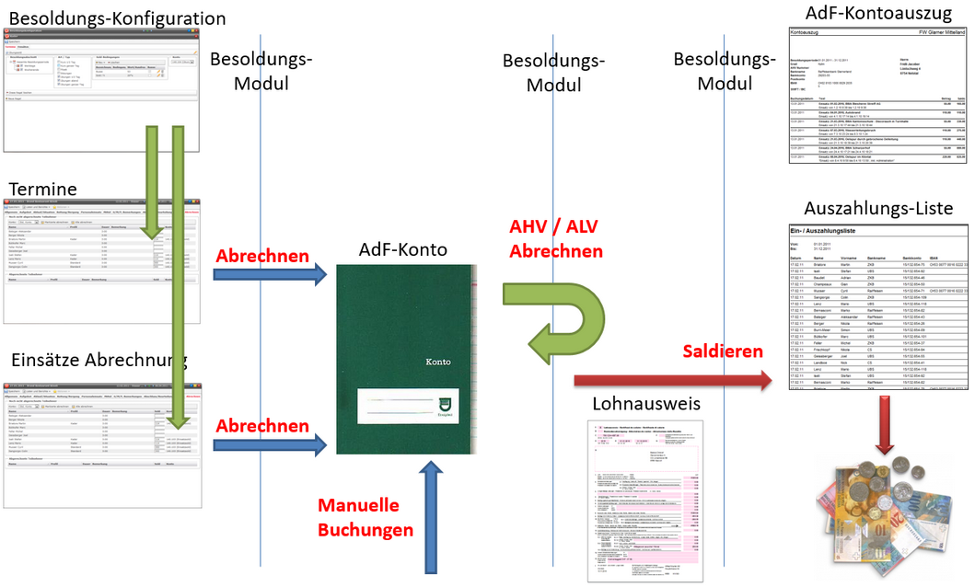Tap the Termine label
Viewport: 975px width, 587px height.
(x=42, y=190)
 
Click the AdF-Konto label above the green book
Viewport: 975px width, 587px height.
(x=403, y=248)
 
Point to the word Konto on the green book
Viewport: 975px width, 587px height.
(x=438, y=362)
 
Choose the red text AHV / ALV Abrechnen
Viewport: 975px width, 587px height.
(x=556, y=239)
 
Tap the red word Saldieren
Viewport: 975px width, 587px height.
(x=723, y=351)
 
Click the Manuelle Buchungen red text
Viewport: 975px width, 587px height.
(x=366, y=518)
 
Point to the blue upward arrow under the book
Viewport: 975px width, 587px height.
(x=428, y=515)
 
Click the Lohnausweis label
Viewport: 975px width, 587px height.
(x=645, y=403)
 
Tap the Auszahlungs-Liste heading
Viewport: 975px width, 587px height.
(x=877, y=208)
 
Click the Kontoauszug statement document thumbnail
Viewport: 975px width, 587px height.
(x=877, y=96)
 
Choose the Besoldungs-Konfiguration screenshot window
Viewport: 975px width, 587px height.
(x=100, y=70)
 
